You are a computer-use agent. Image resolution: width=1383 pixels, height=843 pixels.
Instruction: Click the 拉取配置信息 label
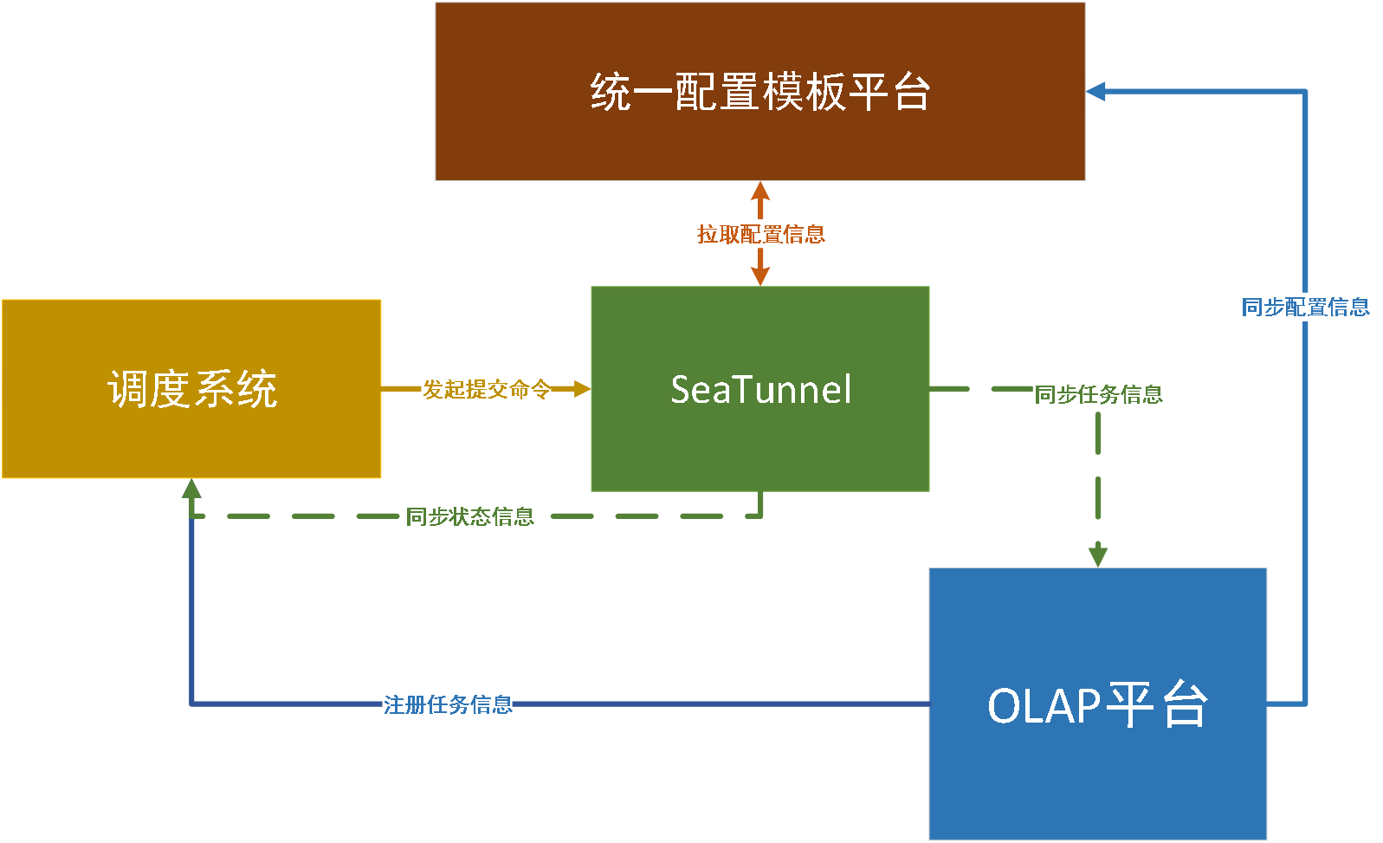point(760,234)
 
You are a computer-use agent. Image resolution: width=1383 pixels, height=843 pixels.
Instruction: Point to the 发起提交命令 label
point(486,389)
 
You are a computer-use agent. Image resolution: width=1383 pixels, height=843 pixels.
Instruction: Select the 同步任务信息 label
point(1097,394)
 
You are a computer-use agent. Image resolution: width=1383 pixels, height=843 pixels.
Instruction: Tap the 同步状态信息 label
point(469,516)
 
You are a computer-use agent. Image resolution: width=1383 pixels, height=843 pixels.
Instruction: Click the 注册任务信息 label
point(448,704)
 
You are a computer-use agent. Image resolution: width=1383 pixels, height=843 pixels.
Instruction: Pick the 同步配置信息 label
point(1305,307)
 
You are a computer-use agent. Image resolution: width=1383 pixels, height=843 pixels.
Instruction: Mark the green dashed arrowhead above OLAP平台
point(1098,554)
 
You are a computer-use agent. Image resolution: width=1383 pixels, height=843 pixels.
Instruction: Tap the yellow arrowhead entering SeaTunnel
point(582,389)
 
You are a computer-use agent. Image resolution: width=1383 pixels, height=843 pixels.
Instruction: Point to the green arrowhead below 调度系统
point(191,490)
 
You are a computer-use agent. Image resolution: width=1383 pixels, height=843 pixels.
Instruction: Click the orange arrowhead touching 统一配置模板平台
point(760,191)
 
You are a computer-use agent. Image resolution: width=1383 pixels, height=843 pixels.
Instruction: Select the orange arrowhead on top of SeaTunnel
point(760,276)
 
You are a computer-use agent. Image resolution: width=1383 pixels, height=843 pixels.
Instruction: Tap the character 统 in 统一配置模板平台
point(611,92)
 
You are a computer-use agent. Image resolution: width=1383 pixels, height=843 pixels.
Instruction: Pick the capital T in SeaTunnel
point(722,389)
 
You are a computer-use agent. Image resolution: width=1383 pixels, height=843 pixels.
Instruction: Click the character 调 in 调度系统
point(128,389)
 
